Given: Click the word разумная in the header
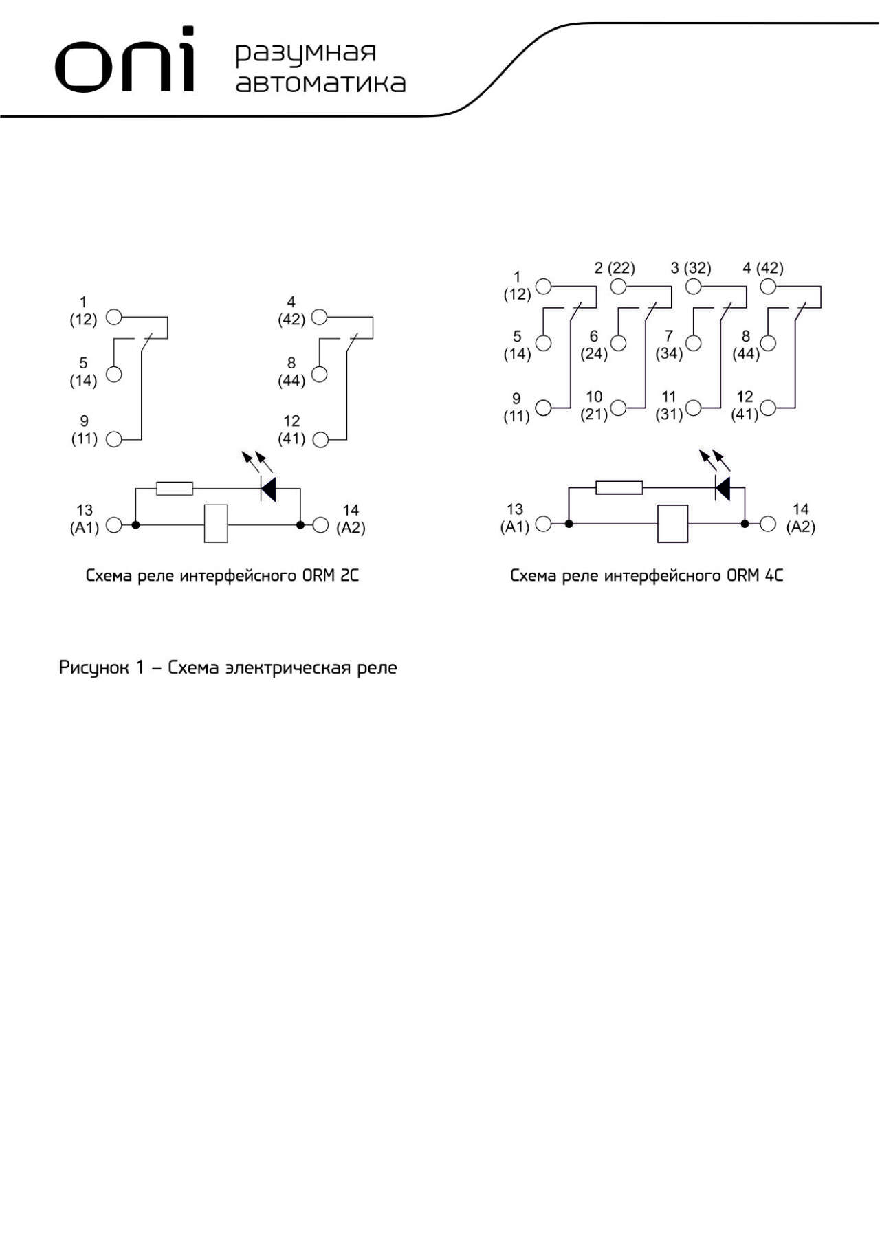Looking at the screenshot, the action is (306, 54).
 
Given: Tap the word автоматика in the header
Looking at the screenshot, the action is (320, 82).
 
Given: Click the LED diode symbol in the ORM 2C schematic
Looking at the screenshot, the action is (268, 489).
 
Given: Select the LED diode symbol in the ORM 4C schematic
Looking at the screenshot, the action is (723, 488).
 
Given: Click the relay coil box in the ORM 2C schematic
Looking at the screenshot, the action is (216, 524).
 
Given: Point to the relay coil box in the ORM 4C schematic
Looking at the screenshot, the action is (672, 524).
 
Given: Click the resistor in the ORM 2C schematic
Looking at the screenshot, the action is (175, 489).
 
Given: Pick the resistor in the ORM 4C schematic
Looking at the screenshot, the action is (619, 488).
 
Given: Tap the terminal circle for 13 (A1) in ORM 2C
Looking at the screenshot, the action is (114, 525).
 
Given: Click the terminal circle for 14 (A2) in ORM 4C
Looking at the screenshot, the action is (768, 524).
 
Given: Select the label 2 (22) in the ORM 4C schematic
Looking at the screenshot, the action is (615, 268).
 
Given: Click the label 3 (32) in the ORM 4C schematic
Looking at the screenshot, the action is (691, 268).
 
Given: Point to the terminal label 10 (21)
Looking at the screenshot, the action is (594, 406).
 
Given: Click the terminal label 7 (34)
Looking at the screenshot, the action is (669, 345).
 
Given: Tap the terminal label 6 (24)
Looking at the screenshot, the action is (594, 345).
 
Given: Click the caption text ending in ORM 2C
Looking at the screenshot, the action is (222, 575).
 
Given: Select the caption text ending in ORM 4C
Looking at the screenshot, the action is (646, 575).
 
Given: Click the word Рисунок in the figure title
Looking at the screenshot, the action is (93, 668).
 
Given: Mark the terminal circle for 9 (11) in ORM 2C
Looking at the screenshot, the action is (114, 439).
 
